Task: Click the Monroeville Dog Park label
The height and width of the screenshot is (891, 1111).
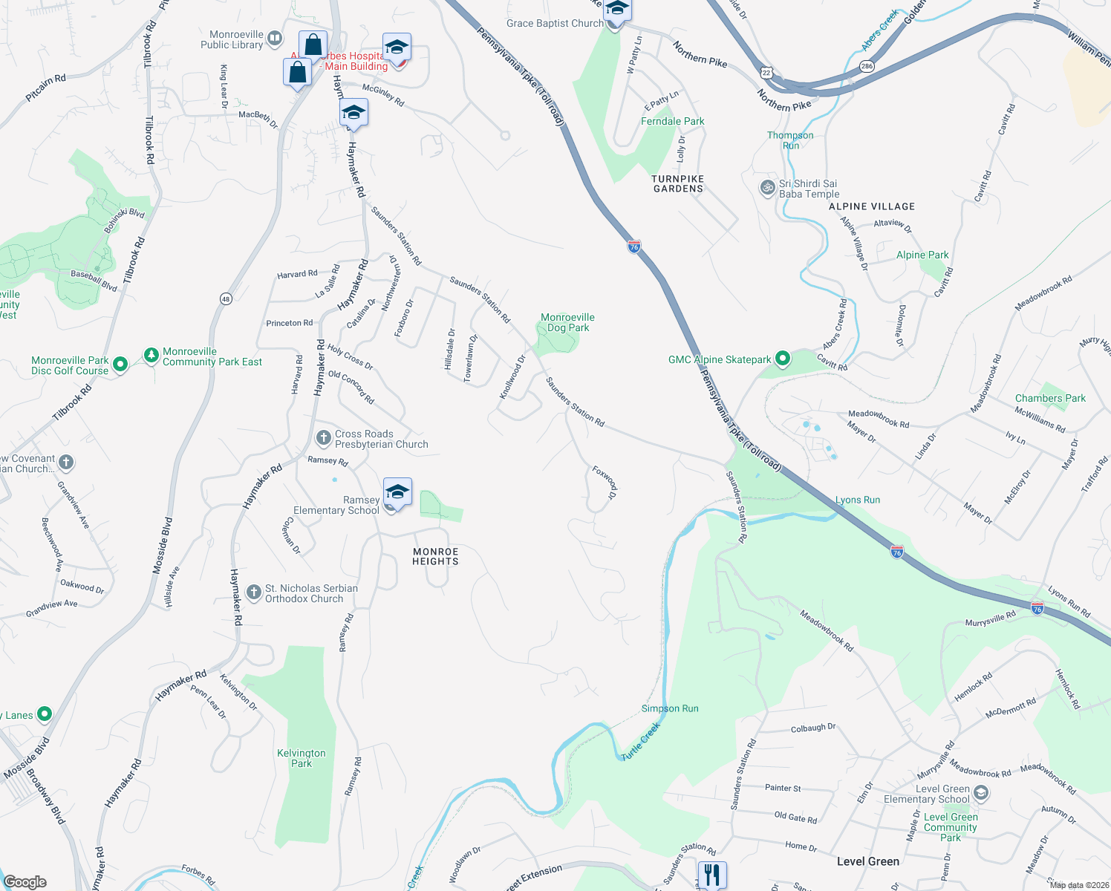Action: click(x=567, y=322)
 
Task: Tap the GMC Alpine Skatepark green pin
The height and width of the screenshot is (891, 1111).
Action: click(x=782, y=359)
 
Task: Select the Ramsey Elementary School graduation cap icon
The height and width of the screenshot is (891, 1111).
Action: click(x=397, y=492)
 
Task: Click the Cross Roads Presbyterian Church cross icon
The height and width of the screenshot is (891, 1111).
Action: click(x=323, y=438)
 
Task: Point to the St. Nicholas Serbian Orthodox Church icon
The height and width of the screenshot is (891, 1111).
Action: click(x=253, y=593)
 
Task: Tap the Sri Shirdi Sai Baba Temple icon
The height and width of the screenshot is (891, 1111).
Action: click(x=767, y=188)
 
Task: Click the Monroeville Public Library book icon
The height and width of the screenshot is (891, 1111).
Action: click(x=275, y=39)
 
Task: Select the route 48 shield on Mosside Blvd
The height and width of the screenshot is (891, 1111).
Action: click(x=226, y=298)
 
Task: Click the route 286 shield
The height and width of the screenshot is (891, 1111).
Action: click(x=867, y=66)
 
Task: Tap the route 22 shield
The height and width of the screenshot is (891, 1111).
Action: click(x=766, y=72)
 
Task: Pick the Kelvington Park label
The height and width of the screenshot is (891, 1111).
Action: click(x=302, y=758)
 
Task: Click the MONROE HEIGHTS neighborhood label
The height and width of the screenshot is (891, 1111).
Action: click(x=435, y=556)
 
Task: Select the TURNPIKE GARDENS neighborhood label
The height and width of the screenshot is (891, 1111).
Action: click(x=677, y=183)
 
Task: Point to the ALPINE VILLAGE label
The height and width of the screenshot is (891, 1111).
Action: click(x=872, y=206)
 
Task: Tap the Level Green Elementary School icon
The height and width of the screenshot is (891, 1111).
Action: click(x=980, y=794)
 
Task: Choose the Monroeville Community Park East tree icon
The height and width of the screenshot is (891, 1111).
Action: click(x=151, y=356)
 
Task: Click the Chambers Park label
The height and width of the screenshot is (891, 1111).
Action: click(x=1050, y=398)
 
